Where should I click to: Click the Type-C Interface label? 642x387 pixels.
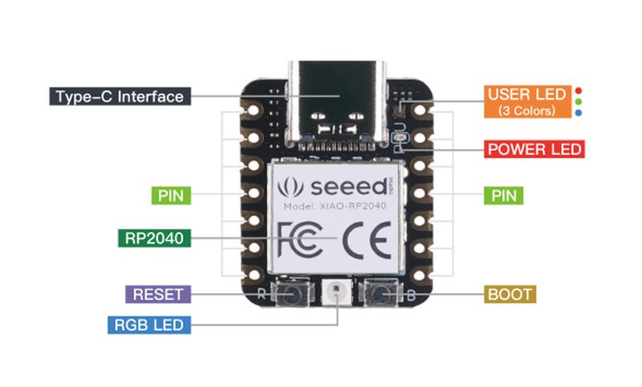coord(119,97)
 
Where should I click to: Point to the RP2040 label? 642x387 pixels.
coord(154,238)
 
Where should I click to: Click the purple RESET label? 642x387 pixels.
coord(158,293)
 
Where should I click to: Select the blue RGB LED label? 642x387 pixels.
coord(149,324)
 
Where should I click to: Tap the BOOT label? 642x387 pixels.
coord(510,294)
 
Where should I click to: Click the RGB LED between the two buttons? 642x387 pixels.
coord(337,295)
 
